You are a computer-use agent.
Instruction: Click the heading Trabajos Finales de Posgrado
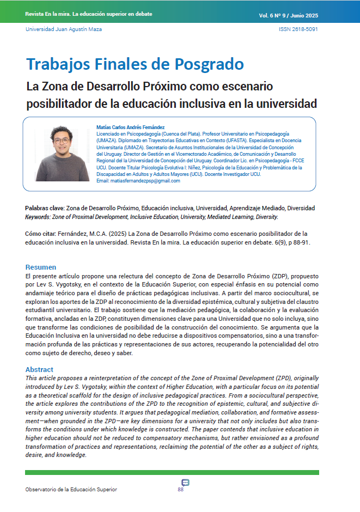(x=135, y=64)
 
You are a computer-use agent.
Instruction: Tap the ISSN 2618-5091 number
(x=298, y=29)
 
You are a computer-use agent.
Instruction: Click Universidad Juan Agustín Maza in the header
(x=64, y=29)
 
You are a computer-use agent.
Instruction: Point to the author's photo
(x=62, y=154)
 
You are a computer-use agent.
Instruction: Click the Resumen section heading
(x=41, y=267)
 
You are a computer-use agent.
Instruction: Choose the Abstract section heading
(x=39, y=369)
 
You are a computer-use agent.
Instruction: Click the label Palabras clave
(x=45, y=208)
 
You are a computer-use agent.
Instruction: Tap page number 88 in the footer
(x=181, y=490)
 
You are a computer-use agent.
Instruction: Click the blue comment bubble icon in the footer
(x=185, y=483)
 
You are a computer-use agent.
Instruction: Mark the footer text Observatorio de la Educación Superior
(x=71, y=490)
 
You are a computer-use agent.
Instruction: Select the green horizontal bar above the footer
(x=172, y=472)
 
